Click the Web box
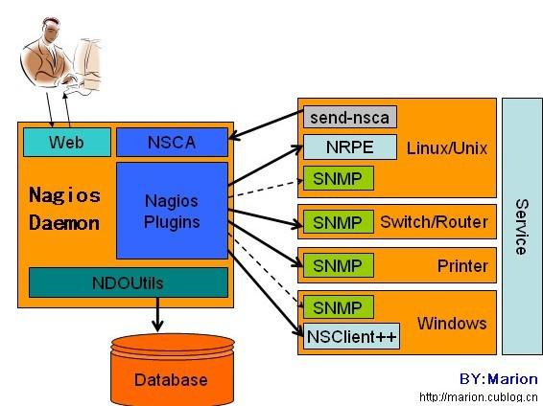click(67, 142)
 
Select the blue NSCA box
click(172, 142)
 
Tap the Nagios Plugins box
click(172, 211)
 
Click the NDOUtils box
click(129, 282)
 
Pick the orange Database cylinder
click(173, 370)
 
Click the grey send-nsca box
click(350, 117)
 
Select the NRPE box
click(350, 147)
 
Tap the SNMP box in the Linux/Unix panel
click(339, 178)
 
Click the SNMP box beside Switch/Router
click(339, 222)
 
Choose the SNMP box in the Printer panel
click(339, 265)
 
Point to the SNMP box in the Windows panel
click(339, 306)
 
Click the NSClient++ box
click(351, 336)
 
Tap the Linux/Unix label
click(447, 148)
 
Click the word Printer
click(462, 265)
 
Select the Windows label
click(452, 324)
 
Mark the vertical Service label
click(522, 227)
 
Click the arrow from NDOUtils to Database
click(158, 314)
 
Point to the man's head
click(52, 28)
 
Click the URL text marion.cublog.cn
click(478, 397)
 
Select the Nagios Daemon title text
click(65, 209)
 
